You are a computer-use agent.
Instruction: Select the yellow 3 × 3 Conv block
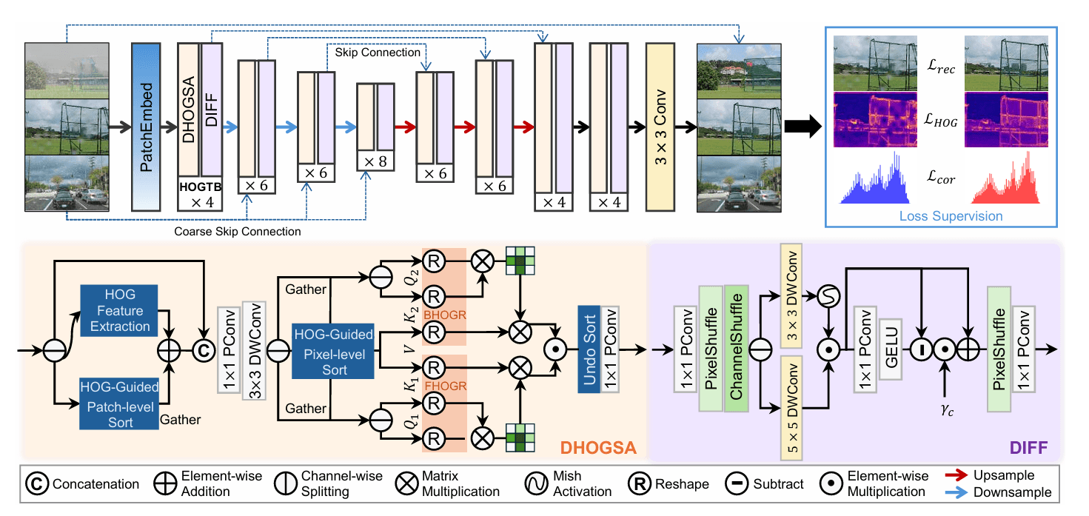coord(664,126)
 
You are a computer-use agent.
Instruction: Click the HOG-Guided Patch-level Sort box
coord(120,405)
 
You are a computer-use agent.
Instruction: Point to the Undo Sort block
coord(589,346)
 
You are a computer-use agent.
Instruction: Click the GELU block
coord(891,348)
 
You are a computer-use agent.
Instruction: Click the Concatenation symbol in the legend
coord(38,484)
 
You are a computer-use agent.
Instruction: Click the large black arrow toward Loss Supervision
coord(802,126)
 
